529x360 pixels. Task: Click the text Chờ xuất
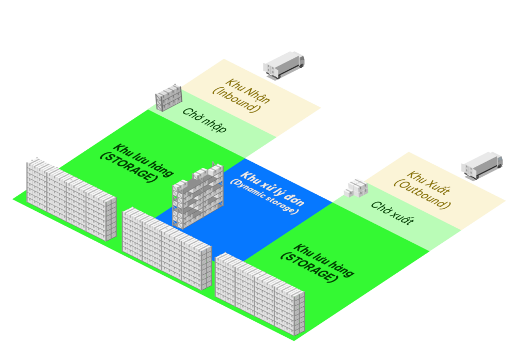(392, 213)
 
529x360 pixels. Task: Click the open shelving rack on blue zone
(198, 196)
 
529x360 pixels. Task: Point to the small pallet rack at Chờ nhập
(169, 98)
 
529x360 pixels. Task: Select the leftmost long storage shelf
(71, 198)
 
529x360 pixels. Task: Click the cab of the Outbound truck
(497, 160)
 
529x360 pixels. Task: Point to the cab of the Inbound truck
(299, 58)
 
